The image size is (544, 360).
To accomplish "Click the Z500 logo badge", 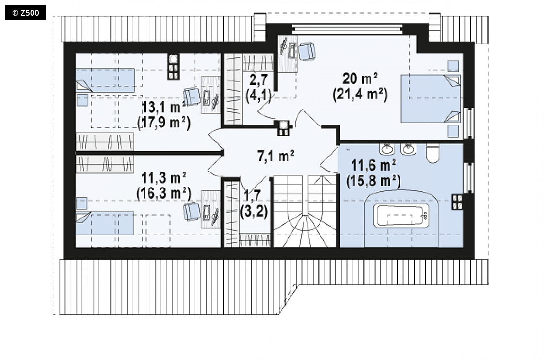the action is click(x=25, y=13).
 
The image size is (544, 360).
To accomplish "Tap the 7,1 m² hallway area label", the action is click(x=276, y=156).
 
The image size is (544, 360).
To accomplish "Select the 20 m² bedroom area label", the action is click(x=360, y=78).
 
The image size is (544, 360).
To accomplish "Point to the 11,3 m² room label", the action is click(x=164, y=178).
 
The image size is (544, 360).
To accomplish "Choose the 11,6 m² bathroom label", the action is click(x=374, y=165).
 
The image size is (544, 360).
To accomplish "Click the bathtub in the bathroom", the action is click(x=400, y=216).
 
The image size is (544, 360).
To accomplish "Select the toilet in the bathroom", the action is click(x=432, y=153).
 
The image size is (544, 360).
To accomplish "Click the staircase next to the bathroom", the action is click(x=305, y=211).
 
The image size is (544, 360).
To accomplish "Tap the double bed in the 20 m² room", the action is click(x=431, y=98).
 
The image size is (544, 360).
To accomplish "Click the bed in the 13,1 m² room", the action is click(x=105, y=80).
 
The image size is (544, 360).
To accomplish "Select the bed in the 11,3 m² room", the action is click(x=105, y=223).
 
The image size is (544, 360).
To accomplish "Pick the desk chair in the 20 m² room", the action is click(x=307, y=51).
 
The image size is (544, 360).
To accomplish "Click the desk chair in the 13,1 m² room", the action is click(x=192, y=97).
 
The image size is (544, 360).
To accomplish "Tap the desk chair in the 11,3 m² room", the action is click(x=192, y=211).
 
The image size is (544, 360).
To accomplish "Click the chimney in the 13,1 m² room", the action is click(x=174, y=67).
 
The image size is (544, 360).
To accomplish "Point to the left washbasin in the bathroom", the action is click(x=387, y=149).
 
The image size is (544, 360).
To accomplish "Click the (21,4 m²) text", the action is click(x=360, y=94).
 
